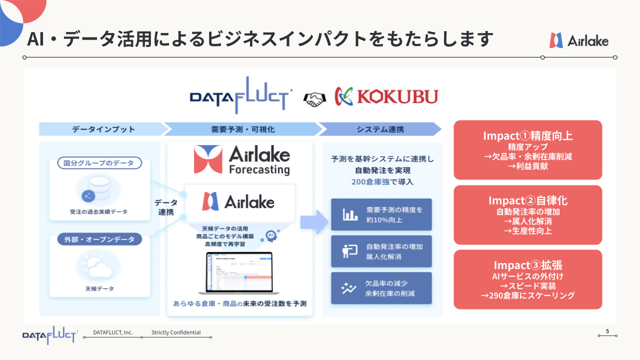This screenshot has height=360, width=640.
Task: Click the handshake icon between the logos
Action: tap(313, 98)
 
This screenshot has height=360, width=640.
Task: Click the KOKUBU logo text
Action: tap(397, 97)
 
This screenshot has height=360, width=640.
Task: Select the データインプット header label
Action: tap(103, 129)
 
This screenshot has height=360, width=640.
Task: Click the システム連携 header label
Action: tap(380, 129)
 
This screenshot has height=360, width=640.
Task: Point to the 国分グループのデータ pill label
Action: tap(95, 163)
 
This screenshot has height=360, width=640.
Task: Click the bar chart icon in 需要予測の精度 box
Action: tap(350, 215)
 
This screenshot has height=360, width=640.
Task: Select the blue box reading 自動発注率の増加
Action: tap(381, 251)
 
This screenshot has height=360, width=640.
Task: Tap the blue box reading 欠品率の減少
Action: tap(381, 288)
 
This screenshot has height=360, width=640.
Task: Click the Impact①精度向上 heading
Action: tap(527, 135)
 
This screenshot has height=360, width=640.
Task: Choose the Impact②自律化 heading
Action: tap(527, 200)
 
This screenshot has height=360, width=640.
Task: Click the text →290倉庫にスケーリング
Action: tap(527, 295)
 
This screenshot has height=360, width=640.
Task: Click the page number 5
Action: tap(607, 331)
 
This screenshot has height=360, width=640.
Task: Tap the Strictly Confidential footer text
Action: tap(176, 332)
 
